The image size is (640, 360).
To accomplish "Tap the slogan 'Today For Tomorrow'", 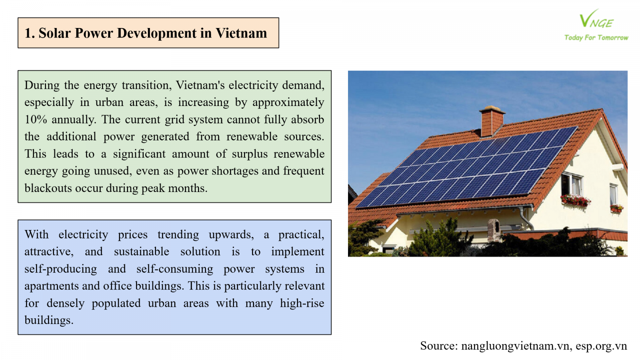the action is tap(596, 38).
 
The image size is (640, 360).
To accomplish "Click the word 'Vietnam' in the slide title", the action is tap(241, 33).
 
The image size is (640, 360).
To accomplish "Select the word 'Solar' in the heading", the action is tap(54, 33).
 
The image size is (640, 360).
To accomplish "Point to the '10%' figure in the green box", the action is tap(36, 120).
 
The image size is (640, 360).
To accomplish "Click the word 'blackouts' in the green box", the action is tap(48, 188).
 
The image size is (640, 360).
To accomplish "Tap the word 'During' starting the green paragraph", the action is tap(42, 85).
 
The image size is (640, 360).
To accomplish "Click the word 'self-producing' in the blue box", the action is tap(60, 269).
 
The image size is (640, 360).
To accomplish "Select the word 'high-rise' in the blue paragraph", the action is tap(302, 303).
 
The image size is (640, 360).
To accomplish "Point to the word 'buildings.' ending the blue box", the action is tap(49, 320).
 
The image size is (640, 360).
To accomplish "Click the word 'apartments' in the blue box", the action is tap(52, 286).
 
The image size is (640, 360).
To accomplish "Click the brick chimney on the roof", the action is tap(492, 121).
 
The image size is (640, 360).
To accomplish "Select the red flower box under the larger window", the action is tap(575, 200).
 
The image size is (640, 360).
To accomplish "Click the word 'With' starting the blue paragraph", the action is tap(36, 234).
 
